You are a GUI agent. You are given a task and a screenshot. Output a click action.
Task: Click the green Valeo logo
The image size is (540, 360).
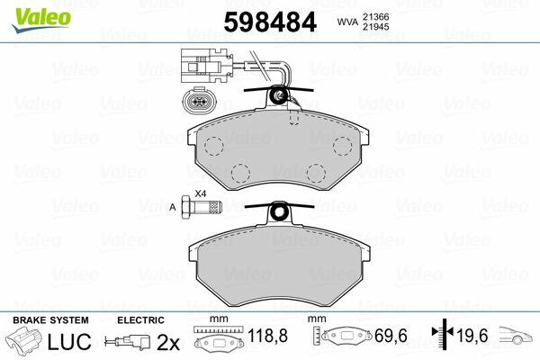tap(41, 20)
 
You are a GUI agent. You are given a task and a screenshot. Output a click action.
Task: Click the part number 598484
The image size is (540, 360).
tap(270, 22)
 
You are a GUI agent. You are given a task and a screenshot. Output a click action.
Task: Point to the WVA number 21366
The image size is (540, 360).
tap(375, 16)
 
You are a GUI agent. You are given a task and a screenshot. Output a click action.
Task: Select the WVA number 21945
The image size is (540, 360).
tap(375, 26)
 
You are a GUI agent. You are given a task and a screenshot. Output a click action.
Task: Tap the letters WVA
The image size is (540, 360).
tap(347, 22)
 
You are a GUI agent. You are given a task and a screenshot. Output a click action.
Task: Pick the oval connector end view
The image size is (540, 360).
tap(197, 101)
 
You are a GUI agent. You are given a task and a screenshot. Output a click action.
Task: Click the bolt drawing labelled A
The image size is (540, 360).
tap(202, 207)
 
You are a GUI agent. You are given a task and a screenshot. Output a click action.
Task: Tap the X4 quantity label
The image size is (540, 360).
tap(201, 193)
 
